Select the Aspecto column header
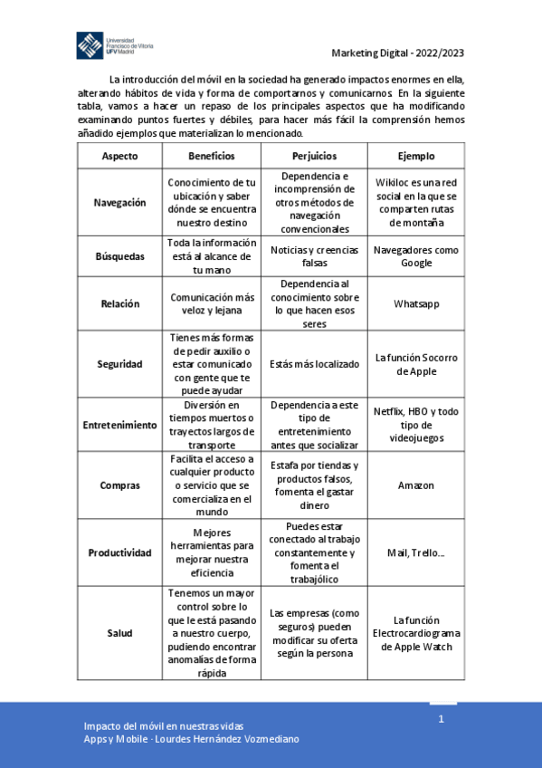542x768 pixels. [x=119, y=156]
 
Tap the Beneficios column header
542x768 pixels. [x=212, y=156]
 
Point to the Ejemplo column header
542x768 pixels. [x=415, y=156]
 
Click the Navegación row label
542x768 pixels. [x=119, y=203]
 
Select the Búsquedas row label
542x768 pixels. [x=119, y=256]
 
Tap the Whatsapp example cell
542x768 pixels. [x=416, y=303]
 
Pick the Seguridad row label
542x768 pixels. [x=119, y=363]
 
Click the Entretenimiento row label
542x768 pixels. [x=119, y=425]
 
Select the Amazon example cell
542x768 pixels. [x=416, y=485]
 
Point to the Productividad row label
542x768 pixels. [x=119, y=552]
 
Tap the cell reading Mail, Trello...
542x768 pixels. [x=416, y=552]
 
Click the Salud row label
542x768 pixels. [x=119, y=632]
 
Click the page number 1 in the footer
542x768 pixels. [x=442, y=719]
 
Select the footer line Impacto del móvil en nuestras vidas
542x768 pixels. [x=163, y=726]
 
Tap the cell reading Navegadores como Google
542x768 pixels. [x=416, y=256]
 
